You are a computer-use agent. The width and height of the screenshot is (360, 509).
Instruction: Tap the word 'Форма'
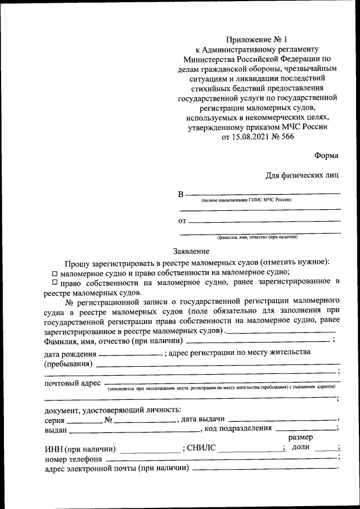pyautogui.click(x=326, y=156)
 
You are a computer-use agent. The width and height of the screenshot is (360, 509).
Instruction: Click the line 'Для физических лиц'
pyautogui.click(x=303, y=175)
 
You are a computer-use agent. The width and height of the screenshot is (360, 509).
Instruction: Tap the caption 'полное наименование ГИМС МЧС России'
pyautogui.click(x=246, y=200)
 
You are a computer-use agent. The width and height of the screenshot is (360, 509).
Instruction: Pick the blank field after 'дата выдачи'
pyautogui.click(x=282, y=420)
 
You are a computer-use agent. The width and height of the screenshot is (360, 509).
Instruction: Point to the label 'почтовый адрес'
pyautogui.click(x=72, y=384)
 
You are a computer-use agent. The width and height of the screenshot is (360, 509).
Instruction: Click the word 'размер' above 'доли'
pyautogui.click(x=300, y=437)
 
